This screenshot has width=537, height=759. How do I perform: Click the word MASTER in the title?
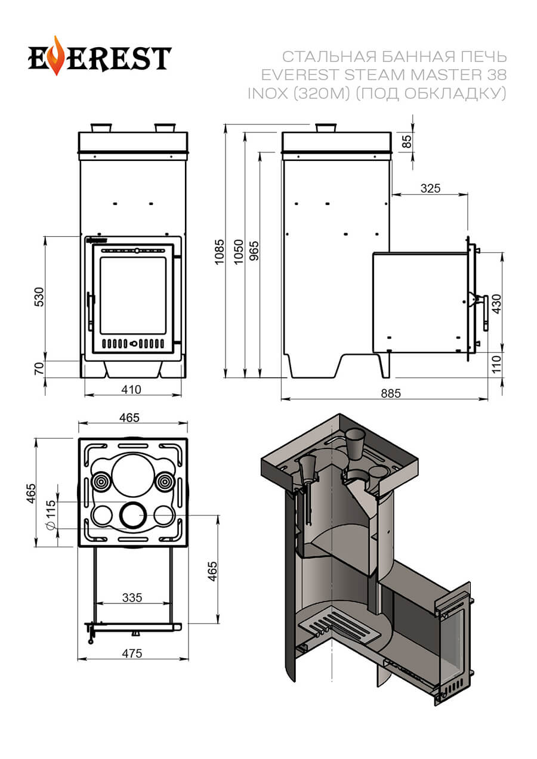tap(442, 75)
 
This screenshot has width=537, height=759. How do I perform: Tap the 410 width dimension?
tap(131, 390)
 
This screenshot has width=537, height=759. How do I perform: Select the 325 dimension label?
tap(430, 188)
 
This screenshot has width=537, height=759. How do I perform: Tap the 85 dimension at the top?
tap(408, 141)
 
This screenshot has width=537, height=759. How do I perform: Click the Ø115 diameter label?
tap(51, 514)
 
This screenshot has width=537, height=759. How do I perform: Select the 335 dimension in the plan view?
tap(132, 597)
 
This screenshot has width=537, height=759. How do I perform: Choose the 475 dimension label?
tap(132, 653)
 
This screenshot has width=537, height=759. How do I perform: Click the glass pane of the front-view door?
tap(132, 295)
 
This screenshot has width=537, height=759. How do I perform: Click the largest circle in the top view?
tap(132, 475)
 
